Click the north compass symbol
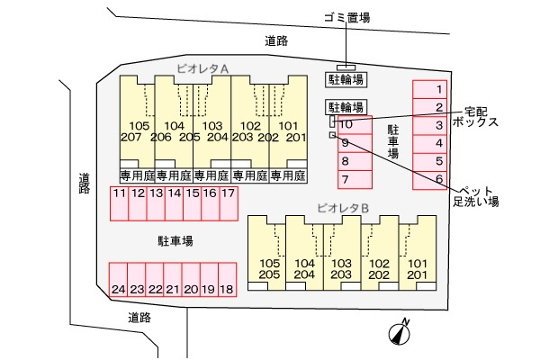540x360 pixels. (x=400, y=333)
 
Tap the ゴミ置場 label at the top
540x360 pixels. (x=347, y=17)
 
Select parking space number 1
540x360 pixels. (x=430, y=90)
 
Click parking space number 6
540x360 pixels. (x=430, y=180)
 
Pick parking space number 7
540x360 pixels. (x=355, y=179)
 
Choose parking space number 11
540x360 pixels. (x=119, y=203)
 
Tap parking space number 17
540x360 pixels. (x=229, y=203)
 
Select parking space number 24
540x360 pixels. (x=119, y=279)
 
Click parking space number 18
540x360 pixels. (x=228, y=279)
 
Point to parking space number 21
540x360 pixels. (x=173, y=279)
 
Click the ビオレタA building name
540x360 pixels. (x=202, y=68)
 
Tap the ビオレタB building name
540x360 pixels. (x=343, y=208)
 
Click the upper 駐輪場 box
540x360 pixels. (x=346, y=79)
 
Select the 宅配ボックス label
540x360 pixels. (x=475, y=117)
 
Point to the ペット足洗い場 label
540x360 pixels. (x=476, y=196)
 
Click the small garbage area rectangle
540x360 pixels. (x=346, y=67)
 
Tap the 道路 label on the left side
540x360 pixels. (x=84, y=184)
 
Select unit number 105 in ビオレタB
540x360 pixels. (x=270, y=264)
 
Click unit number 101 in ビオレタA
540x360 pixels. (x=289, y=126)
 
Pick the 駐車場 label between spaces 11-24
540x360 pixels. (x=175, y=241)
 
